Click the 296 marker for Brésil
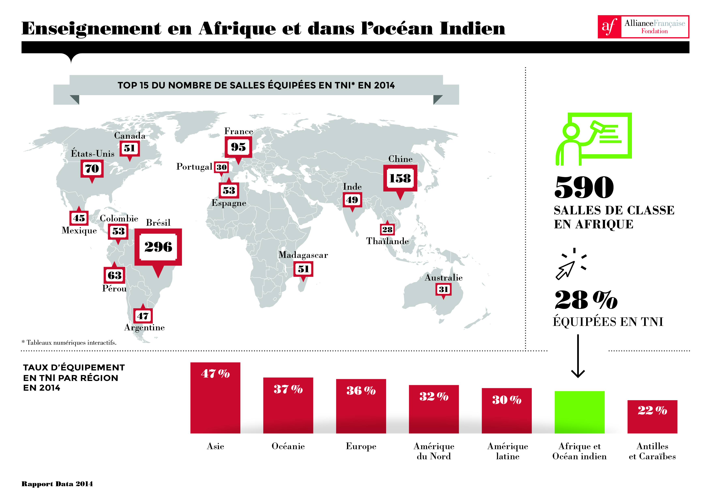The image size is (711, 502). [x=158, y=247]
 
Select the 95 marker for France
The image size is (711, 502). [x=238, y=147]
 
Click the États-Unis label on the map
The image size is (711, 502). [x=93, y=153]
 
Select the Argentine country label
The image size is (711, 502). [x=144, y=328]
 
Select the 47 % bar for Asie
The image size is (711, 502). [x=215, y=398]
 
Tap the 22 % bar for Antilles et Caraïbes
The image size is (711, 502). [x=652, y=417]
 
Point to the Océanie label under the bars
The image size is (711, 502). [x=288, y=446]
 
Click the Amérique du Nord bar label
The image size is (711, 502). [x=434, y=451]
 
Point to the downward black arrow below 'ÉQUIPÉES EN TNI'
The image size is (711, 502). [x=578, y=356]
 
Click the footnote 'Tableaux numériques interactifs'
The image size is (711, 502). [x=69, y=343]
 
